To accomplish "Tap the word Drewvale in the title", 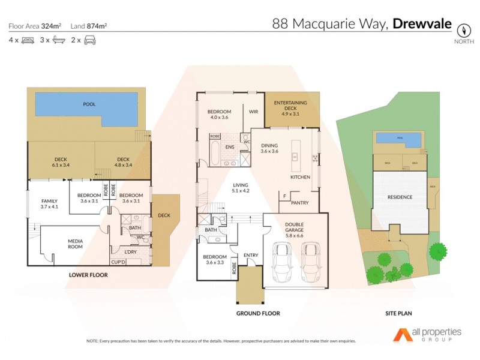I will coord(423,25).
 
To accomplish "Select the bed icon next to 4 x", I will coord(28,40).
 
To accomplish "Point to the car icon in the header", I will coord(90,40).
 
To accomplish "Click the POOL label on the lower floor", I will coord(89,104).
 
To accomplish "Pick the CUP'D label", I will coord(118,262).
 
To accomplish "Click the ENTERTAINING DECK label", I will coord(290,106).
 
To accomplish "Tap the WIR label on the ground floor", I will coord(253,112).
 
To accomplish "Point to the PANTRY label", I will coord(299,203).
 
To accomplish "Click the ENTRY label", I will coord(251,256).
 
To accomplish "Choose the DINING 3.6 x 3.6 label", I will coord(270,148).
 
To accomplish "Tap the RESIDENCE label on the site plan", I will coord(400,197).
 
